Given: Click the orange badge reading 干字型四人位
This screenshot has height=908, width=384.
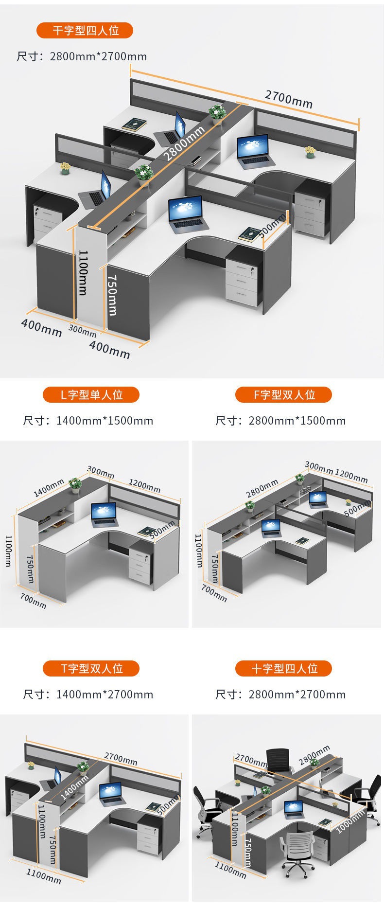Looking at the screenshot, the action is tap(85, 31).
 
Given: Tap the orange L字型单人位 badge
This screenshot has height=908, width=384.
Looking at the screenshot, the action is tap(91, 394).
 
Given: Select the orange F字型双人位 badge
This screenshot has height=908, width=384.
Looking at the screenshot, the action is tap(283, 394).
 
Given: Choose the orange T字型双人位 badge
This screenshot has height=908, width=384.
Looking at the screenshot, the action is tap(91, 668).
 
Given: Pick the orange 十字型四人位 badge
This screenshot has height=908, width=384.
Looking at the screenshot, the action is tap(283, 668).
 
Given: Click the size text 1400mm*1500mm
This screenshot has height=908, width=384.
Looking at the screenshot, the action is tap(105, 421).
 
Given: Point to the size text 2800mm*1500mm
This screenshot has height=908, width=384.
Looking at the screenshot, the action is tap(297, 421).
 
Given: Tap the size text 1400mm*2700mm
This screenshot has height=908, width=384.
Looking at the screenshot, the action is tap(105, 694).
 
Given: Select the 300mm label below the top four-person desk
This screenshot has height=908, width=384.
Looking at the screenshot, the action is tap(82, 330).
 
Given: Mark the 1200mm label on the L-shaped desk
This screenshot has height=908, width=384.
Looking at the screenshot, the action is tap(144, 485).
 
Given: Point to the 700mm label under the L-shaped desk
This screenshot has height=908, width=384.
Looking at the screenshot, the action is tap(34, 601).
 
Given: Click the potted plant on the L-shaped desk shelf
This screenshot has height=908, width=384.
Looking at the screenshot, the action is tap(75, 484).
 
